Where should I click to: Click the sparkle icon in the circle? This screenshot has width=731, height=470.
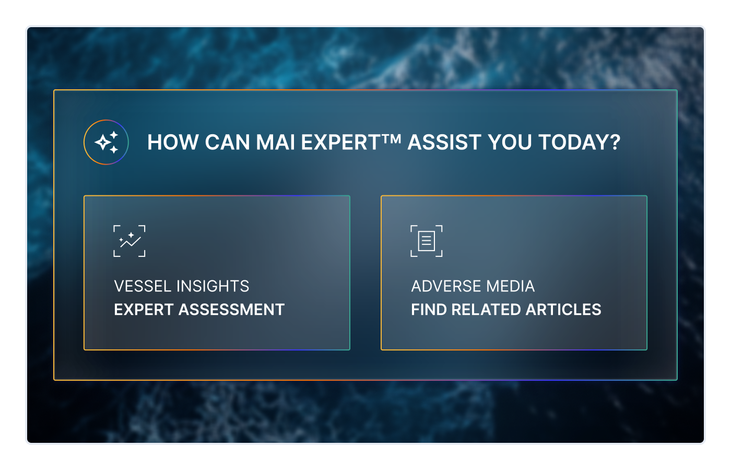106,142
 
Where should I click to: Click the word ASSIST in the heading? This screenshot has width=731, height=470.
444,143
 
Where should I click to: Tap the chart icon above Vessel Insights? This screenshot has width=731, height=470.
129,241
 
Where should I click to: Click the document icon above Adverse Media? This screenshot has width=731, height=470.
427,241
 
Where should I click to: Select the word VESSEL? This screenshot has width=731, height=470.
143,286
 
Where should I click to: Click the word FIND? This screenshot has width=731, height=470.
429,310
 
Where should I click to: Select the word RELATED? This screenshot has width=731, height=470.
486,310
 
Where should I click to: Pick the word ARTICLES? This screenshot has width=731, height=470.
563,310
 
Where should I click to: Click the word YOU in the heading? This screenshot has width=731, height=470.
510,143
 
